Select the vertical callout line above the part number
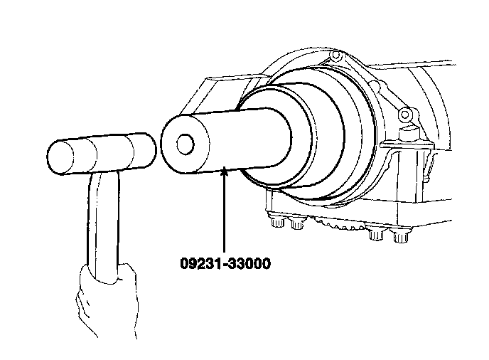tap(224, 213)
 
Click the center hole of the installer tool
tap(185, 144)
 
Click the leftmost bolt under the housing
tap(276, 223)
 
